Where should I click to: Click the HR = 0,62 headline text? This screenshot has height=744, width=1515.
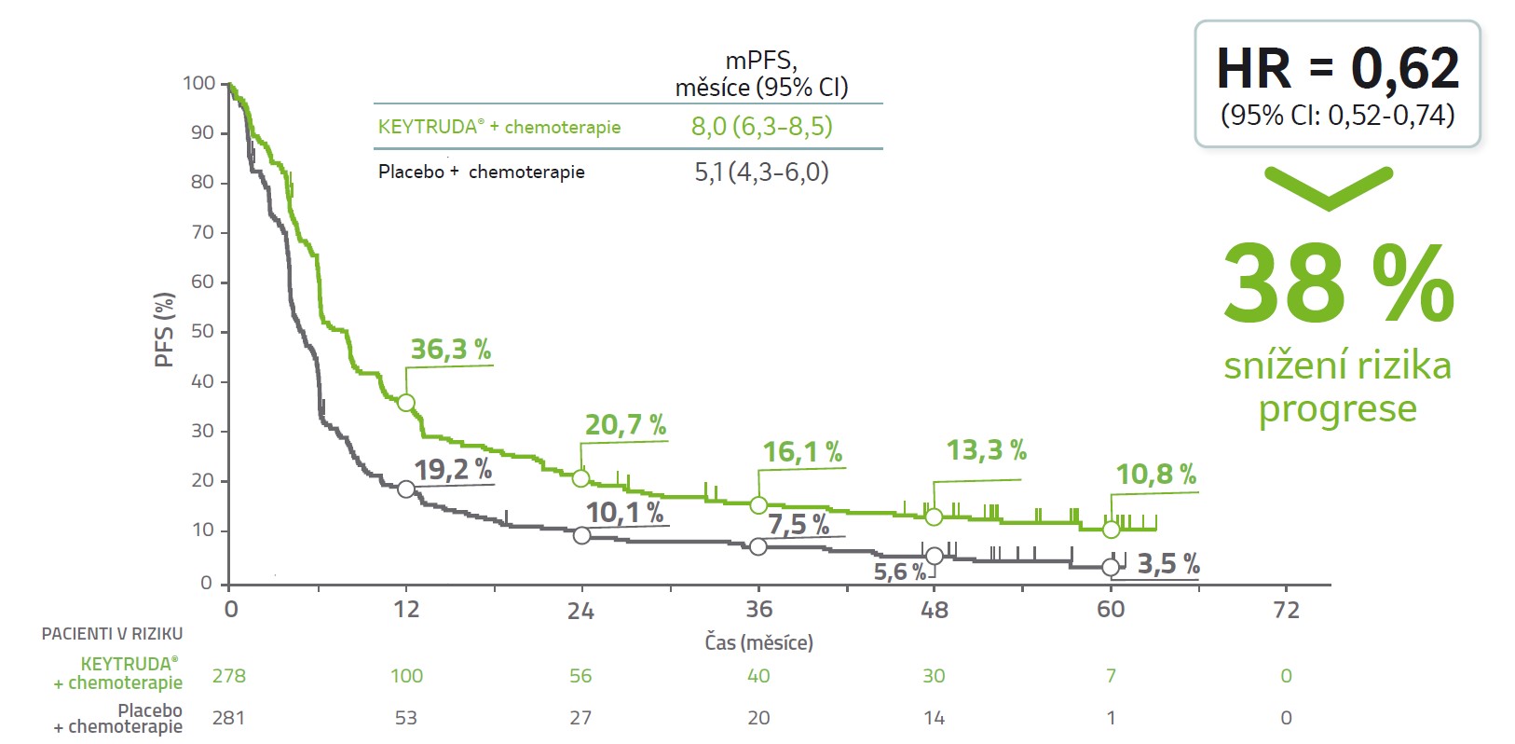click(x=1337, y=69)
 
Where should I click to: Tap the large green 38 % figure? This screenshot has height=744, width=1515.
click(x=1337, y=284)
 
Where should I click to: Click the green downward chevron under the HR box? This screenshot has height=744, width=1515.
click(x=1328, y=186)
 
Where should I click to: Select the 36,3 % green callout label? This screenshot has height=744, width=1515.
click(x=451, y=350)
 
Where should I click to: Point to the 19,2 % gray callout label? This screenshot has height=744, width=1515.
click(x=453, y=469)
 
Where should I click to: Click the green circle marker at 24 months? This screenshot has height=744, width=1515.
click(x=581, y=478)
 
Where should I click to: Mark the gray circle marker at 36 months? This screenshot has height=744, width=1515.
click(x=758, y=546)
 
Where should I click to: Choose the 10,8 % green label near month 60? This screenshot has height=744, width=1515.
click(x=1155, y=475)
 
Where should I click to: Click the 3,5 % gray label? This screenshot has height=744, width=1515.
click(x=1167, y=564)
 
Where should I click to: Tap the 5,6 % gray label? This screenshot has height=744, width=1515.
click(x=899, y=572)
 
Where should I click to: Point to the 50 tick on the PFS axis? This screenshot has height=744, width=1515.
click(x=201, y=332)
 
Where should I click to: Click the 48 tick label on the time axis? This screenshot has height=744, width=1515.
click(x=934, y=610)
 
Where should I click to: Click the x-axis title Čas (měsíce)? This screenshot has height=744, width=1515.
click(x=758, y=642)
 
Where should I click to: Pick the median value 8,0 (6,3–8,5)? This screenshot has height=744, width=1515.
click(x=761, y=127)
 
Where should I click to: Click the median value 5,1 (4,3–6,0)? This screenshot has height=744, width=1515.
click(x=761, y=172)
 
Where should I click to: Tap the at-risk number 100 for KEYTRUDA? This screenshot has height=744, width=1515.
click(x=406, y=676)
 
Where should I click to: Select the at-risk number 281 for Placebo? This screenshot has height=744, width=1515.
click(x=229, y=718)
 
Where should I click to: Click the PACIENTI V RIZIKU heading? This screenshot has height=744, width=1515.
click(x=112, y=634)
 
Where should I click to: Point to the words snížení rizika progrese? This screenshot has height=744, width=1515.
click(x=1337, y=387)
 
